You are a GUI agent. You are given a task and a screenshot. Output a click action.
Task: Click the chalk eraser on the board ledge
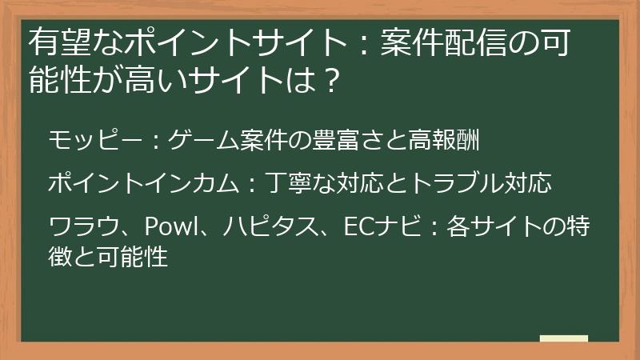(563, 339)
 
